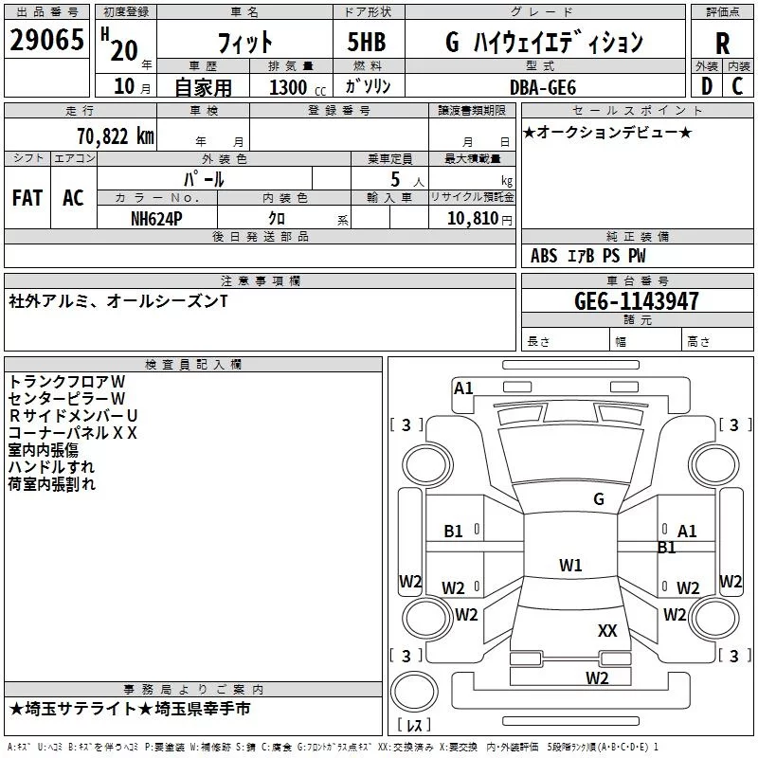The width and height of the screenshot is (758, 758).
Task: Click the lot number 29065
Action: click(46, 40)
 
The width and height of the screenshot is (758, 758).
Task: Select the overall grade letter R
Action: click(722, 44)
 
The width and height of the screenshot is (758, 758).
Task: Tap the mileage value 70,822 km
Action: click(116, 136)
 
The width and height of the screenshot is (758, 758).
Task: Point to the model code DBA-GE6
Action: click(543, 87)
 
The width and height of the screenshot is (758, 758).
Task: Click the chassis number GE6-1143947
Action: click(636, 301)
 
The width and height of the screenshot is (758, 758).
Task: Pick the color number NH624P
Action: click(156, 219)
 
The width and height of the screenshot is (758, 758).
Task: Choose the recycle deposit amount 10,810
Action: click(472, 219)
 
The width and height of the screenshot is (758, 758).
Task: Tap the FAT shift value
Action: click(27, 198)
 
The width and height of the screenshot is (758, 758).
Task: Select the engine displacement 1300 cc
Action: click(298, 88)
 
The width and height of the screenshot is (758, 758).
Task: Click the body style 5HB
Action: click(367, 42)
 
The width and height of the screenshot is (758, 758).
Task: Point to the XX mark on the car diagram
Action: click(607, 631)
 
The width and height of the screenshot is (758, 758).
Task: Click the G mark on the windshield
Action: click(599, 499)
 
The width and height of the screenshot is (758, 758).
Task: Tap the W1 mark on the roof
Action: click(570, 565)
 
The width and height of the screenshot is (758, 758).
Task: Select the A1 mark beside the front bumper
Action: click(463, 388)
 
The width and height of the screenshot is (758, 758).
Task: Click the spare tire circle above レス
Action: click(414, 692)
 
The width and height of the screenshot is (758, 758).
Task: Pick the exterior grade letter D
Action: click(707, 86)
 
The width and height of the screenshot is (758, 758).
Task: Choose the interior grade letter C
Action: click(737, 86)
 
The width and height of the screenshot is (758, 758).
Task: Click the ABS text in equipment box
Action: click(544, 256)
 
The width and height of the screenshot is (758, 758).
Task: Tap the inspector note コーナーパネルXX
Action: click(73, 433)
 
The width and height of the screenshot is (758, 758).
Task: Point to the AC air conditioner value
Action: click(73, 198)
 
